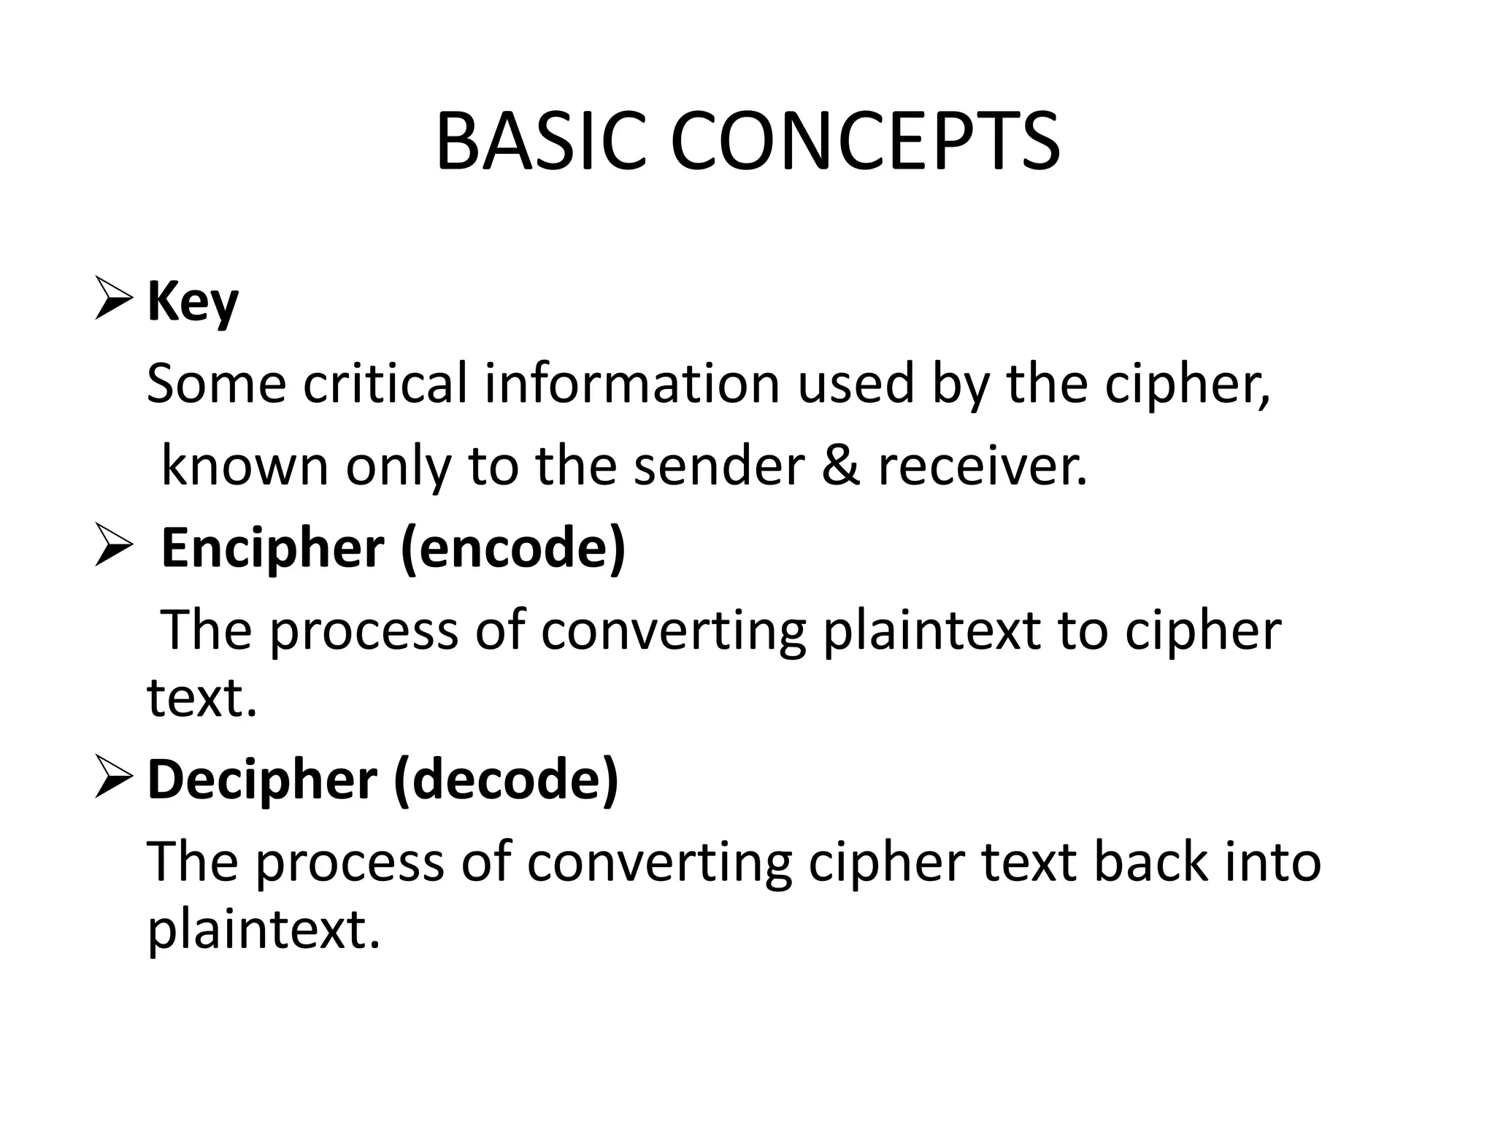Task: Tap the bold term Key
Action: point(193,302)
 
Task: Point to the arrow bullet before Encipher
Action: point(114,549)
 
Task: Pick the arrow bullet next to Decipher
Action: point(114,779)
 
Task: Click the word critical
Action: point(385,384)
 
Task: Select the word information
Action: point(632,384)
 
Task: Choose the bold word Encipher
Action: point(272,549)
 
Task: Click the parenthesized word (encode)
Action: point(513,549)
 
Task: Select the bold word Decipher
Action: point(262,779)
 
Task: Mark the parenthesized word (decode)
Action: point(506,779)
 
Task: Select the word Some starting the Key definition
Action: point(216,384)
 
